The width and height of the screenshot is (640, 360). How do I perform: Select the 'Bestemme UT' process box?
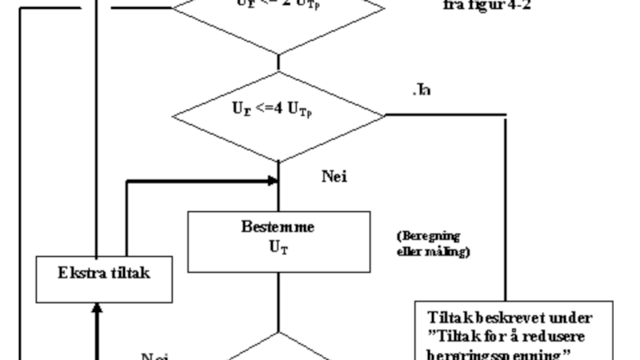pyautogui.click(x=278, y=242)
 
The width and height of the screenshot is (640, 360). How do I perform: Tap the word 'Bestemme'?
pyautogui.click(x=278, y=227)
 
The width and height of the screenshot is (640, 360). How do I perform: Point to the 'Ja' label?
pyautogui.click(x=422, y=90)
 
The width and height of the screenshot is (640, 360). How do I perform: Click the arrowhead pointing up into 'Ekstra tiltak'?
pyautogui.click(x=97, y=307)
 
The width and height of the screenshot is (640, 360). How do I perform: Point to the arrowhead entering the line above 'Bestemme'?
pyautogui.click(x=272, y=182)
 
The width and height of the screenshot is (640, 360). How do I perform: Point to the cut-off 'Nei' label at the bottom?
pyautogui.click(x=154, y=355)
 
